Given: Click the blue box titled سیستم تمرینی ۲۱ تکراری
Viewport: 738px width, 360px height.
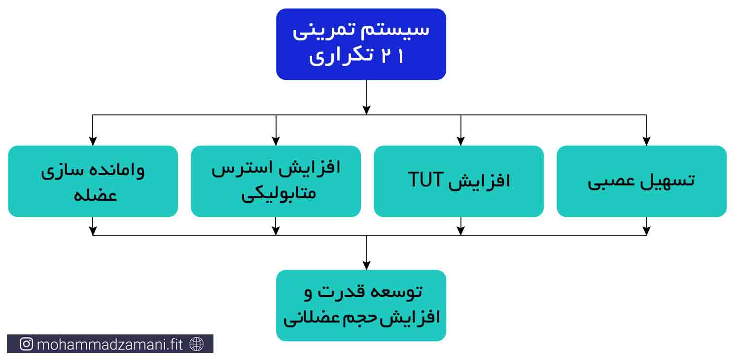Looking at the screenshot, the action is click(x=361, y=44).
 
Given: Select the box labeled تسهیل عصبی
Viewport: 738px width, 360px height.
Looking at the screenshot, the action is click(x=641, y=181).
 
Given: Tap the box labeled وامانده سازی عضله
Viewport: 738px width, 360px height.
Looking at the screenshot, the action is click(x=93, y=181).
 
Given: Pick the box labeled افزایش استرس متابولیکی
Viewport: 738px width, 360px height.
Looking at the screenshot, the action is click(x=276, y=181).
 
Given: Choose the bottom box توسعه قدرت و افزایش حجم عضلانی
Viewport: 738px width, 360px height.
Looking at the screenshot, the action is click(x=361, y=306).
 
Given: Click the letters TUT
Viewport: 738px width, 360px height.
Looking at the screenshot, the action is click(x=425, y=180).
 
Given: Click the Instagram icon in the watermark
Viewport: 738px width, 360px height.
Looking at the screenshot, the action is click(x=26, y=344).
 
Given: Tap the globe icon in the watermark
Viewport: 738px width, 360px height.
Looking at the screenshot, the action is click(x=197, y=344).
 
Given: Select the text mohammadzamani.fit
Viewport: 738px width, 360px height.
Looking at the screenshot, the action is click(x=110, y=345).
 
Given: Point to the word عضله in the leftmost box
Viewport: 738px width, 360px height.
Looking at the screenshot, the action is click(x=95, y=195).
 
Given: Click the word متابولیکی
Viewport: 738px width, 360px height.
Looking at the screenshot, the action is click(x=279, y=194).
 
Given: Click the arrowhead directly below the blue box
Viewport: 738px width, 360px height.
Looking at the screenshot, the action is click(x=366, y=110).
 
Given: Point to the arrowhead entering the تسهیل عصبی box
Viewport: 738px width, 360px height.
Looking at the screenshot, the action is click(x=646, y=141).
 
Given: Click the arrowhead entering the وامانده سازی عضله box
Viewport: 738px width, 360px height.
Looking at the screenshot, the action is click(x=93, y=141).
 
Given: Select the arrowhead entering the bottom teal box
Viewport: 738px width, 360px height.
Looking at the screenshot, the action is click(x=366, y=265).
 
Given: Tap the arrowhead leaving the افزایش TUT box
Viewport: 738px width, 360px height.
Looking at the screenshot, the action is click(x=460, y=230).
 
